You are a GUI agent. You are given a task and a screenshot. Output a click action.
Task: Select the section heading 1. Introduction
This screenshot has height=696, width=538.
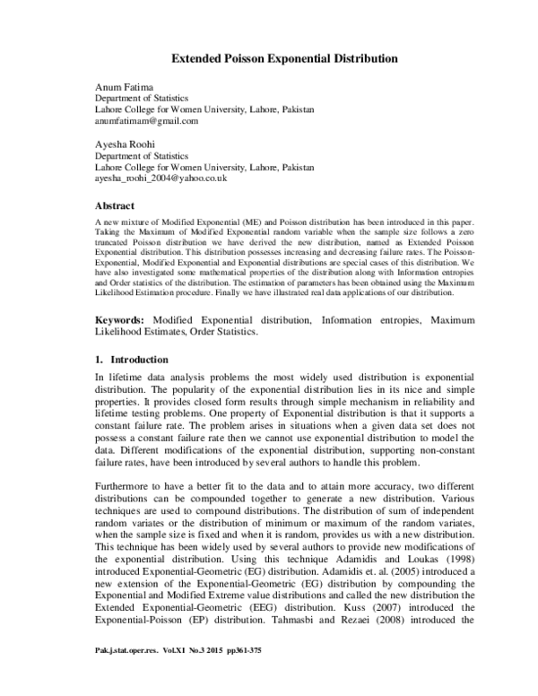click(132, 359)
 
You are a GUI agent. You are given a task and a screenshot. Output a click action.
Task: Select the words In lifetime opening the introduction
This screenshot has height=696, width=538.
click(120, 380)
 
